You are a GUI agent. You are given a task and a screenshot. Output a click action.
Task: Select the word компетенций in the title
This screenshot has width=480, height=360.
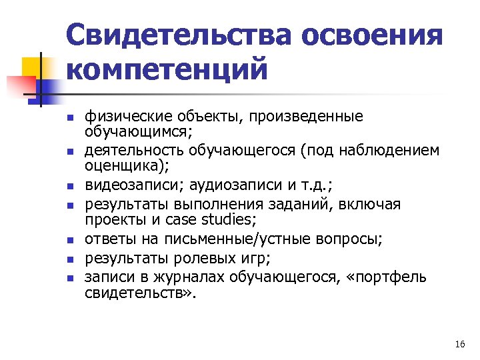click(167, 68)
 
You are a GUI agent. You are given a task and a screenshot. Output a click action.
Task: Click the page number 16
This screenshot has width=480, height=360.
click(459, 344)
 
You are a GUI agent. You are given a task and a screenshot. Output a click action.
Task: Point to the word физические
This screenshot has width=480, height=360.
click(124, 117)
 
